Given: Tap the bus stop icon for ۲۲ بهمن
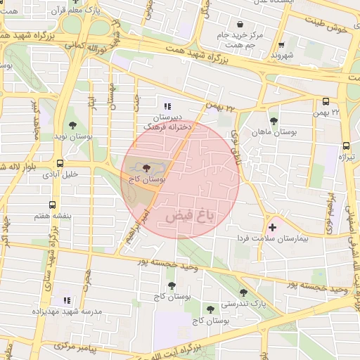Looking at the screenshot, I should tap(326, 101).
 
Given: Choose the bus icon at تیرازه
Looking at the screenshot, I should tap(346, 146).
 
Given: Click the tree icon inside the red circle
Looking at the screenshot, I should tap(146, 169).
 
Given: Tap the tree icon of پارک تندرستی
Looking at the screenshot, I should tap(243, 292).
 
